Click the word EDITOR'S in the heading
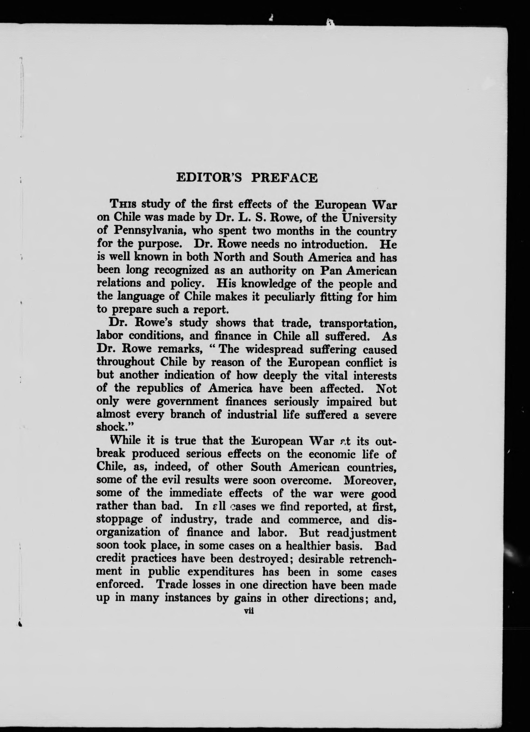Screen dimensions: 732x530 (x=209, y=178)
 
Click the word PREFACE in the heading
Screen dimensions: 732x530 (x=284, y=178)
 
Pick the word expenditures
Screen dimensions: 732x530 (x=220, y=572)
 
